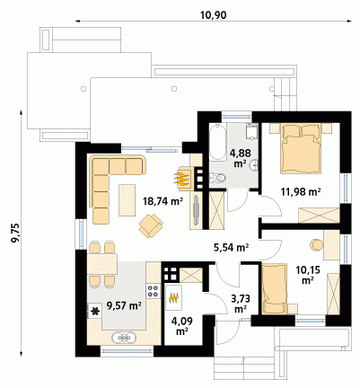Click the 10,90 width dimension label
tap(213, 15)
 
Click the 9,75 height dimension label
tap(14, 233)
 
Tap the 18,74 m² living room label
tap(162, 201)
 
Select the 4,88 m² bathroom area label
tap(240, 158)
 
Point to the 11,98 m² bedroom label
tap(301, 191)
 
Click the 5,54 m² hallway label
tap(232, 247)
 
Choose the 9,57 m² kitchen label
tap(124, 305)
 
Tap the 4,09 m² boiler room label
tap(181, 326)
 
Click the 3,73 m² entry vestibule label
tap(241, 304)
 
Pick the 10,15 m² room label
tap(308, 275)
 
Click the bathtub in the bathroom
tap(217, 143)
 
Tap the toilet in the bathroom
tap(217, 178)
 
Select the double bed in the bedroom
tap(301, 149)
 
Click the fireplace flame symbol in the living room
tap(181, 178)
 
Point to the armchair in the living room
tap(151, 225)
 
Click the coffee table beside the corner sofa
tap(127, 199)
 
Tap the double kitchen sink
tap(124, 338)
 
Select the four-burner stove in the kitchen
tap(153, 291)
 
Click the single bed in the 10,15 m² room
tap(275, 289)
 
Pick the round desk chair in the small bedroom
tap(316, 245)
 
